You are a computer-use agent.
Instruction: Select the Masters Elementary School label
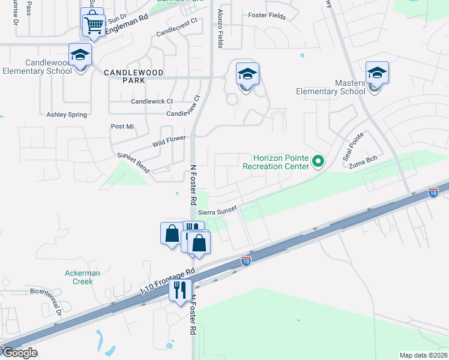[331, 87]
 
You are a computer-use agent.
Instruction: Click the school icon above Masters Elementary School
[376, 73]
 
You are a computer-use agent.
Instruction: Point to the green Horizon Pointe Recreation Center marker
[318, 161]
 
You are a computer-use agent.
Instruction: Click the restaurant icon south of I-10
[181, 290]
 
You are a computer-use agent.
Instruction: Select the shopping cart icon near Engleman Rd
[94, 25]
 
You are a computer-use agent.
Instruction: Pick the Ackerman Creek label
[79, 277]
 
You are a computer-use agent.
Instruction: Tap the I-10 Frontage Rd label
[168, 280]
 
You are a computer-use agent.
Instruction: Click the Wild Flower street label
[169, 142]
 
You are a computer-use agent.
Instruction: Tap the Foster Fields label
[267, 16]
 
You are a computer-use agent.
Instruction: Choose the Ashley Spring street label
[67, 114]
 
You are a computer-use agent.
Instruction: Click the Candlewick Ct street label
[152, 101]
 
